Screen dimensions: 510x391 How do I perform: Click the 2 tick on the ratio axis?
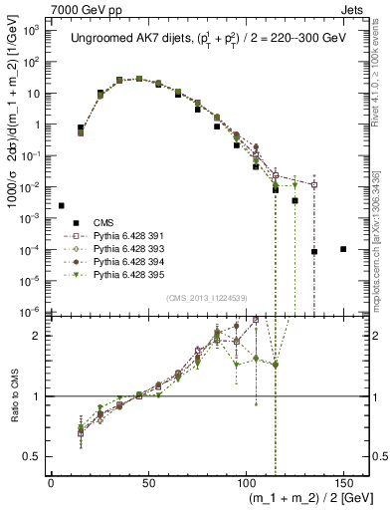pos(37,336)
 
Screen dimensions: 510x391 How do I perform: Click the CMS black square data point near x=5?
pos(62,205)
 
